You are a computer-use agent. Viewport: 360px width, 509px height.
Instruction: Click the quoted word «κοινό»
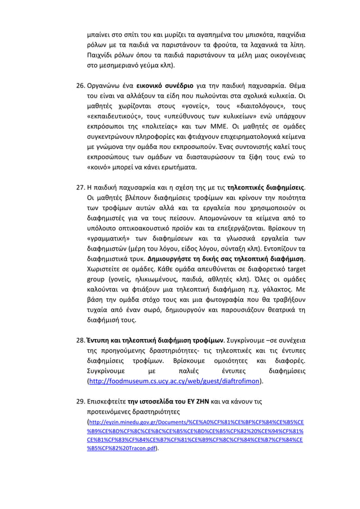[x=99, y=167]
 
